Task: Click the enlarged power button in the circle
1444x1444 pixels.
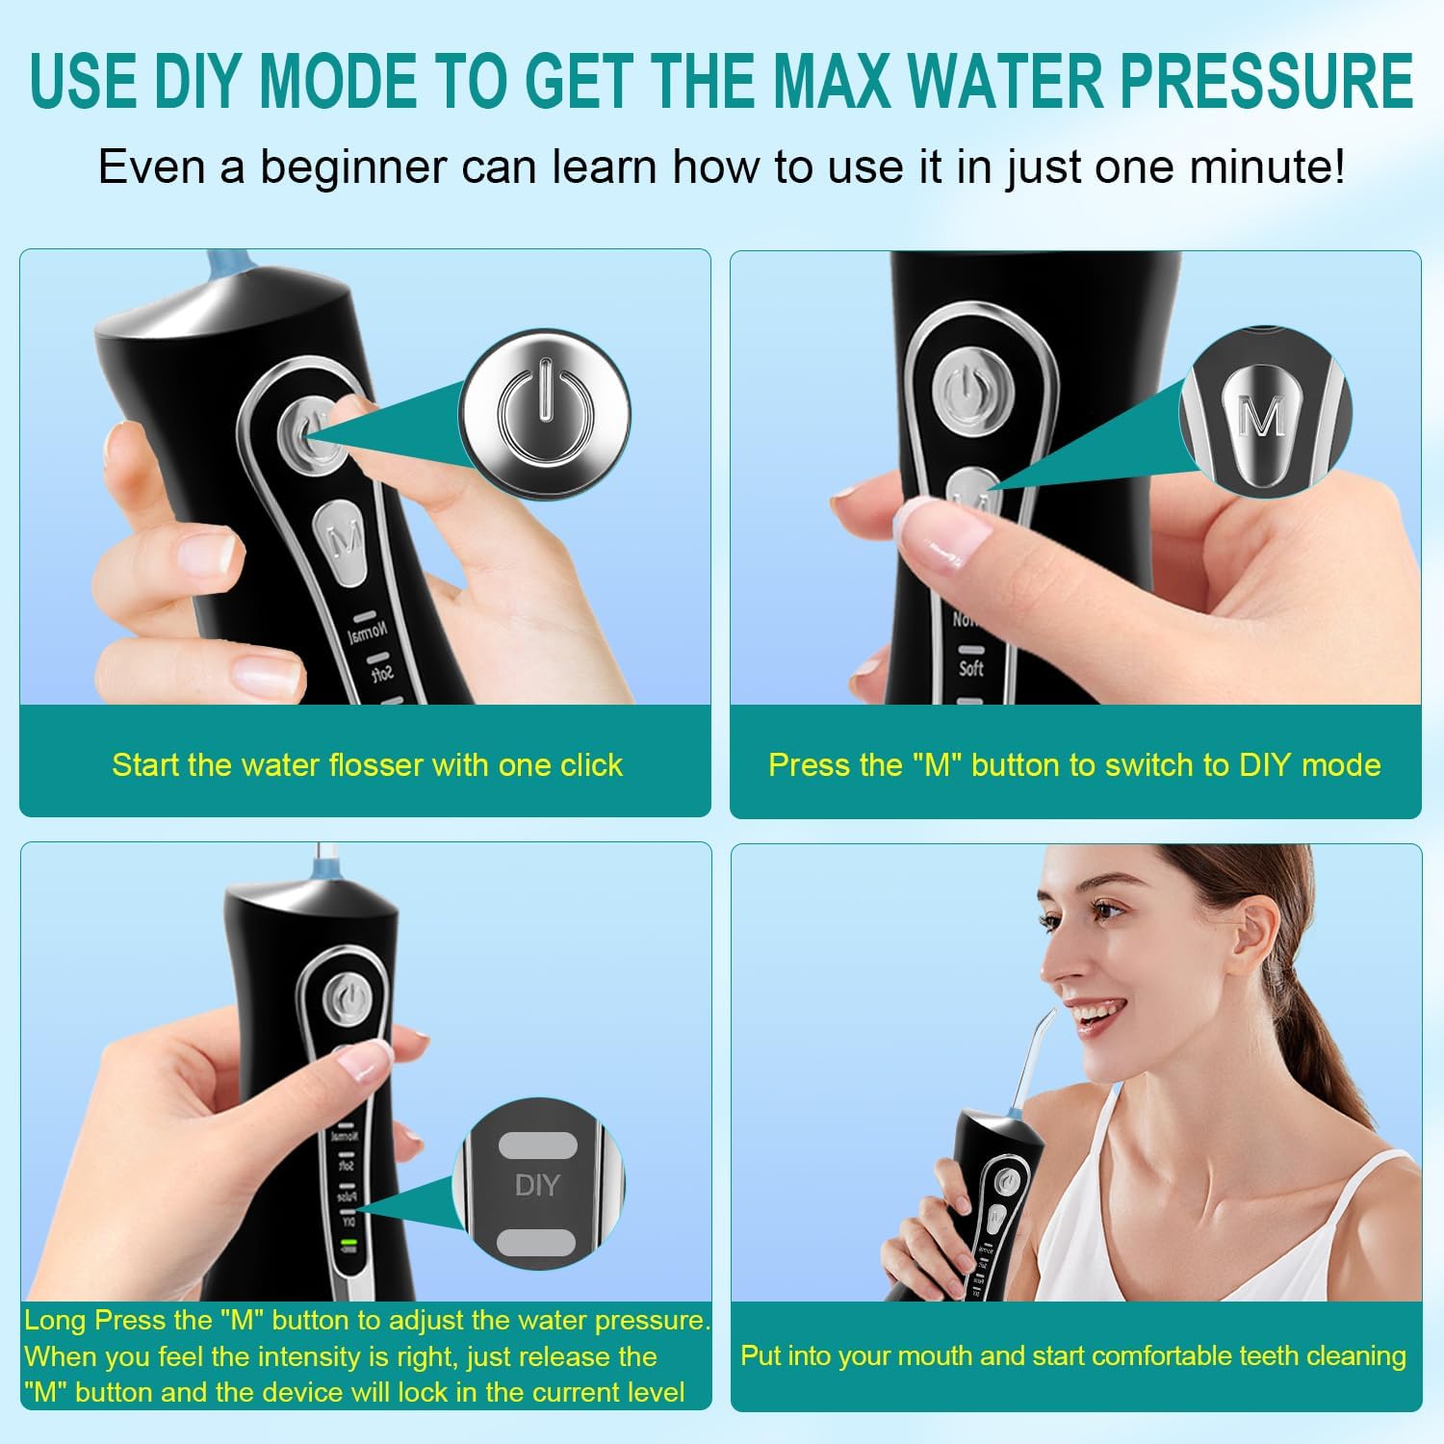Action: click(x=545, y=411)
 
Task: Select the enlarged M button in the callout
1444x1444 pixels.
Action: click(x=1261, y=416)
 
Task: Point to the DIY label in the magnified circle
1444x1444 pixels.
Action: click(x=537, y=1185)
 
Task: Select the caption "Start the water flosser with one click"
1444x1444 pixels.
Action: click(x=367, y=764)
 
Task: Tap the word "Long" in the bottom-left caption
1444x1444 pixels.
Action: click(x=56, y=1321)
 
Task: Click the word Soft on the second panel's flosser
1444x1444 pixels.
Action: click(x=971, y=667)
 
